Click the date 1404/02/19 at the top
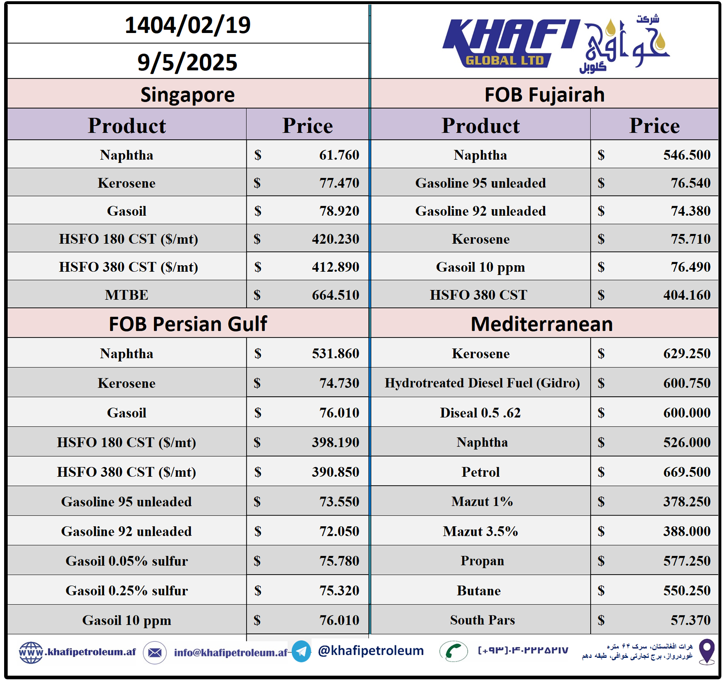tap(188, 25)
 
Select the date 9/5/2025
tap(188, 62)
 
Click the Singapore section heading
tap(188, 95)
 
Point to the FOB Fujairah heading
tap(544, 95)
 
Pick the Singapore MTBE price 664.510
tap(335, 295)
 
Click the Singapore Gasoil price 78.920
tap(339, 211)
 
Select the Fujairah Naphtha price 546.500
tap(687, 155)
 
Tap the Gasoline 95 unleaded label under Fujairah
tap(480, 183)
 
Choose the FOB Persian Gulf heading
tap(188, 324)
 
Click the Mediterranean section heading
tap(541, 324)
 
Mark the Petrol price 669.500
tap(687, 472)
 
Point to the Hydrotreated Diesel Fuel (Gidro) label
tap(482, 383)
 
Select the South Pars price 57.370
tap(690, 620)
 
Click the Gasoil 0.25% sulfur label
tap(127, 591)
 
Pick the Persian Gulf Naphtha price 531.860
tap(335, 354)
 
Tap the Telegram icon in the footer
tap(301, 651)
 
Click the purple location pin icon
tap(706, 651)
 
